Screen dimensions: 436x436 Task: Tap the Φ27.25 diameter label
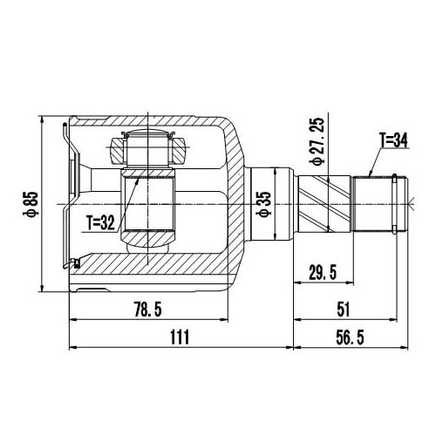coord(316,141)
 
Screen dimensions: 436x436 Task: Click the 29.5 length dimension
coord(323,272)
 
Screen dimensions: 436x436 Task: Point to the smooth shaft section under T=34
coord(370,202)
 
